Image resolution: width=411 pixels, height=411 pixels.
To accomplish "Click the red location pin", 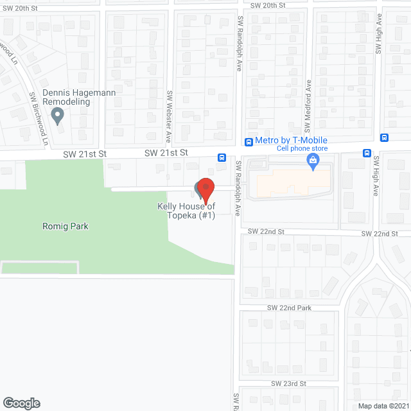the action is click(x=205, y=189).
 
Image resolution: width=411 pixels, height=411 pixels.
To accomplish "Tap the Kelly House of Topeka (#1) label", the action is click(x=187, y=211).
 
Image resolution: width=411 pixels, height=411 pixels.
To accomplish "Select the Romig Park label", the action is click(x=66, y=226).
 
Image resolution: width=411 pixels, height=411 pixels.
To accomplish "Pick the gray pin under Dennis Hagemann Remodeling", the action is click(x=58, y=116).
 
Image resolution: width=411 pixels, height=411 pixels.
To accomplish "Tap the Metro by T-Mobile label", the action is click(x=291, y=141).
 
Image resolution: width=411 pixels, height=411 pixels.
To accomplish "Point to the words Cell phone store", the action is click(x=302, y=149).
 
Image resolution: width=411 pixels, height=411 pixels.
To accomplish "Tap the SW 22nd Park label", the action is click(x=289, y=308).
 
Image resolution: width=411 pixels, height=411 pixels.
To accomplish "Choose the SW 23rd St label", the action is click(x=289, y=383).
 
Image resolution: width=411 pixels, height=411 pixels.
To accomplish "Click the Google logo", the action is click(x=21, y=403).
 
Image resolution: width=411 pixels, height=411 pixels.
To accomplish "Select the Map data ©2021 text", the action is click(x=383, y=405).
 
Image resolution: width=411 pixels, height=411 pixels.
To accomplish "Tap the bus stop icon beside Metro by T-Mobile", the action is click(x=248, y=141).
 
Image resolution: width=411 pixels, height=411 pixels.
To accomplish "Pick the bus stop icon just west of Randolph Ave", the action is click(x=221, y=157).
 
